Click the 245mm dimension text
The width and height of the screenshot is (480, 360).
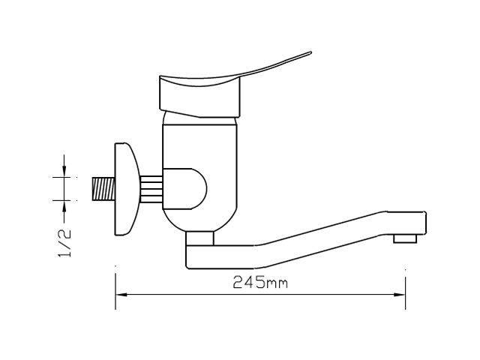pyautogui.click(x=260, y=282)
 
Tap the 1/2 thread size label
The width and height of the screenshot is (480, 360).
pyautogui.click(x=64, y=243)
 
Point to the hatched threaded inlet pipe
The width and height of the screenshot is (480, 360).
pyautogui.click(x=103, y=189)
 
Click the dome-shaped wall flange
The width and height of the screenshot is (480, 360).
pyautogui.click(x=126, y=189)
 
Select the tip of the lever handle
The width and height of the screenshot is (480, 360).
pyautogui.click(x=310, y=52)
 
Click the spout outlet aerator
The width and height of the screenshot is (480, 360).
pyautogui.click(x=405, y=238)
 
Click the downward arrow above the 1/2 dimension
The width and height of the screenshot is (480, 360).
pyautogui.click(x=64, y=166)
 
